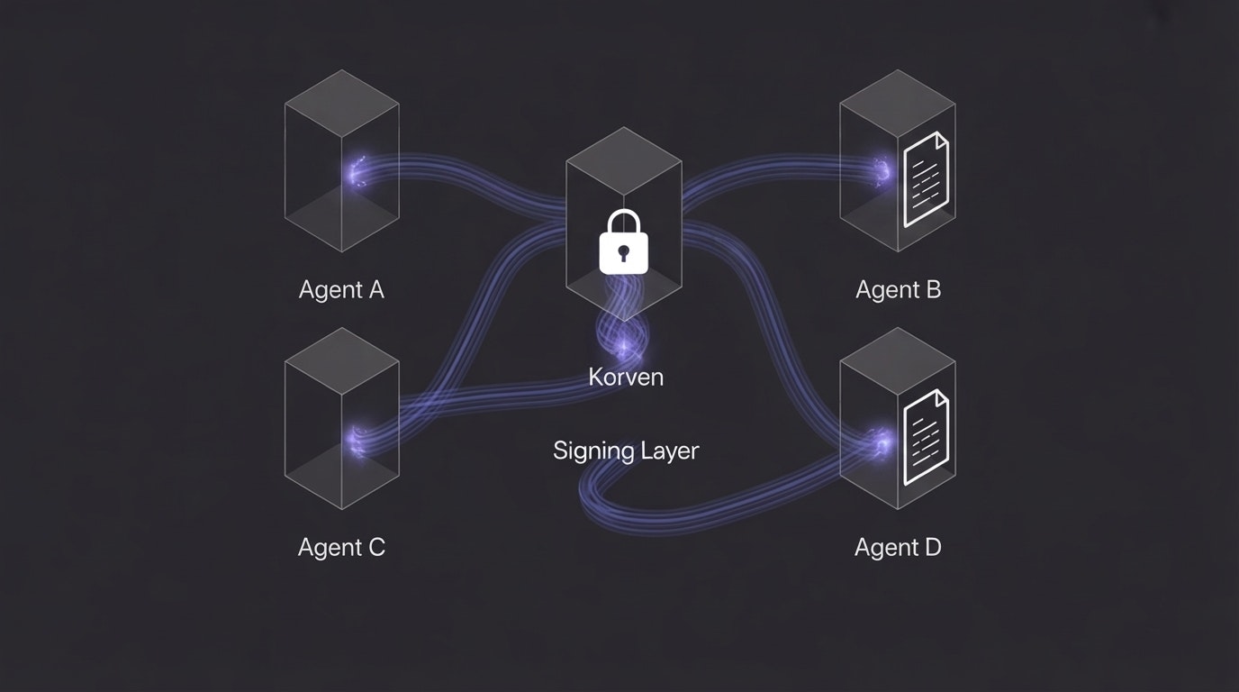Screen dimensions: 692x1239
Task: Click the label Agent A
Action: click(341, 289)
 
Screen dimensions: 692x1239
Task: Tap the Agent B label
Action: click(898, 289)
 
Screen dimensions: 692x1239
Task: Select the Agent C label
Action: click(341, 547)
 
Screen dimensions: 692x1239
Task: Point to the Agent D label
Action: click(898, 547)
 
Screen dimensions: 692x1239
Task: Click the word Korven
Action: click(626, 377)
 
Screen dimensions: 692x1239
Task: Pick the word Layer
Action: click(669, 451)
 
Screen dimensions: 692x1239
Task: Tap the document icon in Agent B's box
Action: click(926, 178)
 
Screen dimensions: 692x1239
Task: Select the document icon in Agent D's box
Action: click(926, 437)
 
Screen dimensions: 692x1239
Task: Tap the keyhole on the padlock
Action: click(624, 252)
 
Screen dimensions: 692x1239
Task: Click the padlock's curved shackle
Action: click(624, 221)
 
